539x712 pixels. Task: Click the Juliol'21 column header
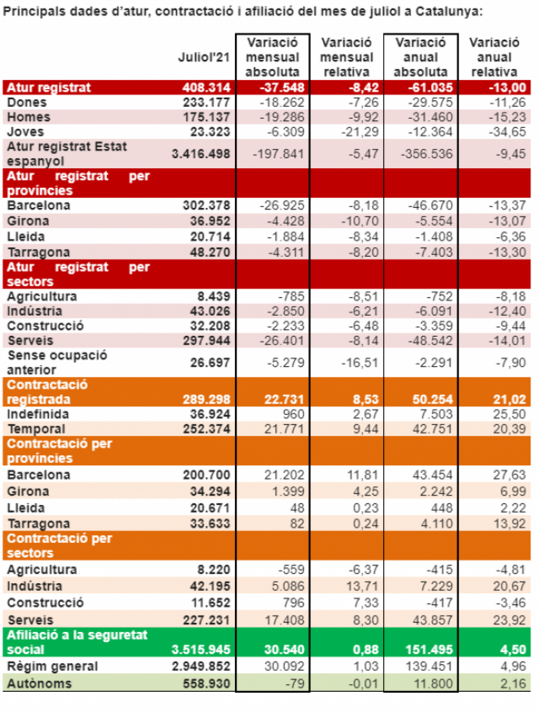click(203, 57)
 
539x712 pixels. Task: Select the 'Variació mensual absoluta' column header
click(272, 57)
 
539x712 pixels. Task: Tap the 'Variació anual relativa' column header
click(494, 57)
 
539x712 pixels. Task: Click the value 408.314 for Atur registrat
click(206, 88)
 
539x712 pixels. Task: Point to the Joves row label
click(26, 132)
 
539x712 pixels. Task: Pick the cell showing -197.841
click(278, 154)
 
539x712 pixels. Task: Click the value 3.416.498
click(201, 154)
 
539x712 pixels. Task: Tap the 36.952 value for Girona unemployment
click(210, 221)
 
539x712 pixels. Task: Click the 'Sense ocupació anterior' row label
click(57, 362)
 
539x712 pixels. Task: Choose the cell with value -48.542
click(430, 341)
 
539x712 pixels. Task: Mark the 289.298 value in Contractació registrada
click(206, 400)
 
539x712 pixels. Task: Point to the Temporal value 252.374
click(206, 429)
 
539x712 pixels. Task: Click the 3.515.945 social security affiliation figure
click(201, 650)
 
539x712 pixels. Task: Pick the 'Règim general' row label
click(53, 667)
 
